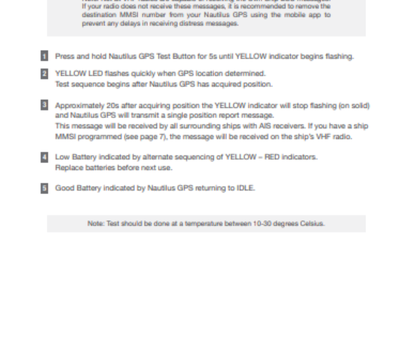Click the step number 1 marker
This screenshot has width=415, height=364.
pyautogui.click(x=44, y=56)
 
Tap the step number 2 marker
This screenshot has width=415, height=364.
pyautogui.click(x=44, y=73)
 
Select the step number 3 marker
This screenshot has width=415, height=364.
pyautogui.click(x=44, y=105)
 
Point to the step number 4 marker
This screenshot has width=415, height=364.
pyautogui.click(x=44, y=157)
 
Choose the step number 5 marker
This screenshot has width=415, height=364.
pyautogui.click(x=44, y=188)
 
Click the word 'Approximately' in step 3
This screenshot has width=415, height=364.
pyautogui.click(x=79, y=106)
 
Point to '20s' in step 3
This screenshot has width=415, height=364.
pyautogui.click(x=112, y=106)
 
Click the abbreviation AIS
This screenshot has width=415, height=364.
pyautogui.click(x=265, y=126)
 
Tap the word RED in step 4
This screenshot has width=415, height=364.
pyautogui.click(x=272, y=157)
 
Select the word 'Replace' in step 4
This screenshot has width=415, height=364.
pyautogui.click(x=68, y=168)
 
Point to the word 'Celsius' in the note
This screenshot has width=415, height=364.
pyautogui.click(x=312, y=224)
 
